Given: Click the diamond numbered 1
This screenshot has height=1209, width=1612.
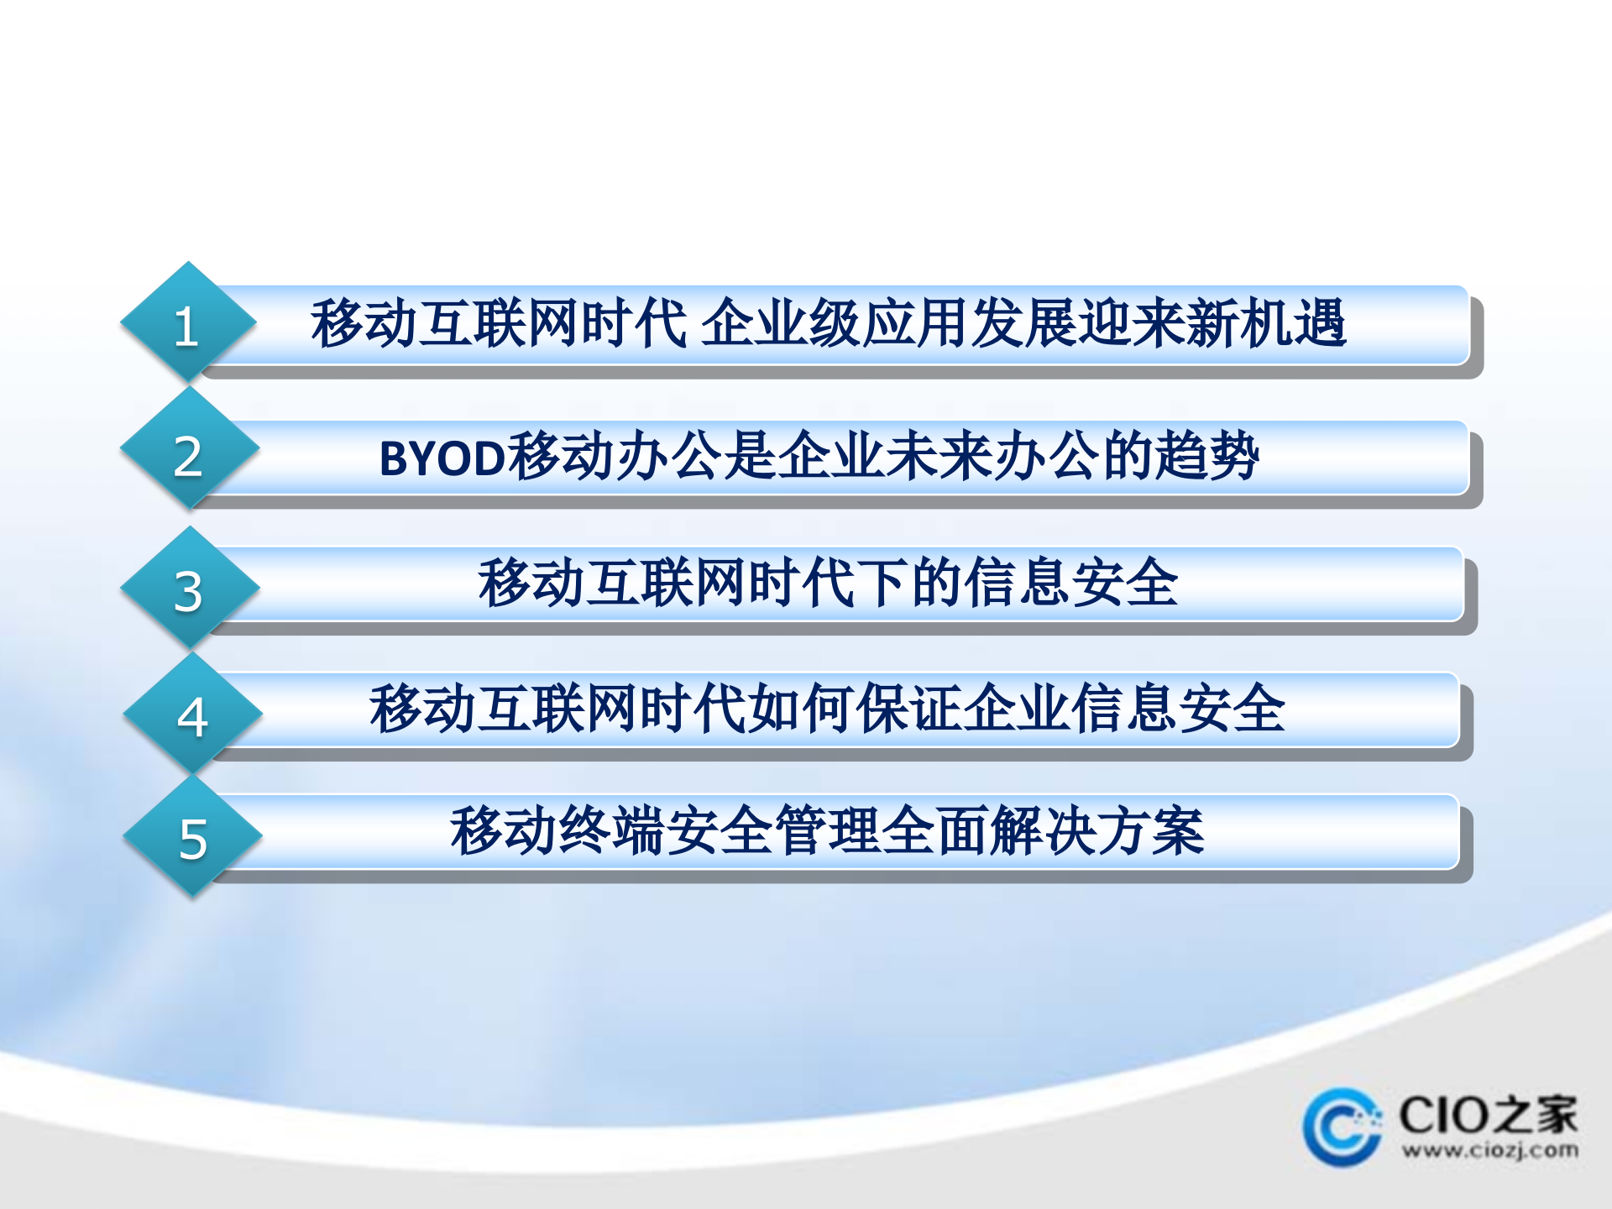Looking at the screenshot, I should point(188,324).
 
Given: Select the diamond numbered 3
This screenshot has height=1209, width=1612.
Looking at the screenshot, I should point(189,589).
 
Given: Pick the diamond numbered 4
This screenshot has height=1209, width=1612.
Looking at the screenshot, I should point(192,714).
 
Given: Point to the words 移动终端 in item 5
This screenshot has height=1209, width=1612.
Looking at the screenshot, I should point(557,831).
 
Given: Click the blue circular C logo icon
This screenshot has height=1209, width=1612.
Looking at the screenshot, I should point(1342,1127).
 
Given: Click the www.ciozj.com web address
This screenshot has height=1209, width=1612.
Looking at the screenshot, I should point(1489,1150).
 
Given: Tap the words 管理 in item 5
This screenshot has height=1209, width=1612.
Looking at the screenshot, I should point(828,831).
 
